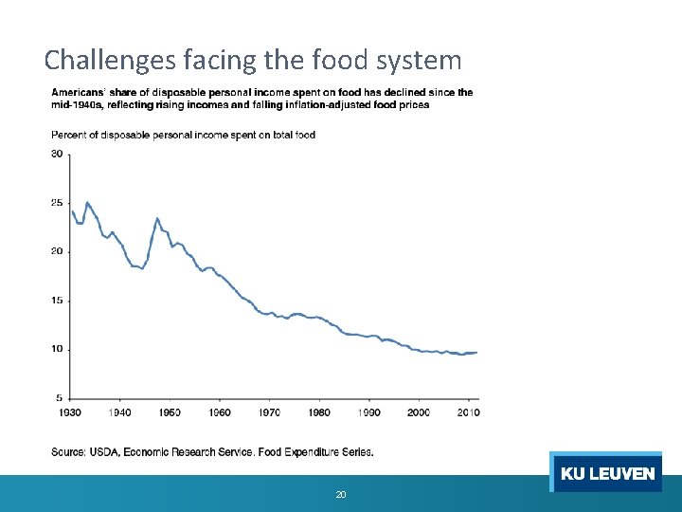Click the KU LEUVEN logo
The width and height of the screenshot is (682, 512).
[x=607, y=473]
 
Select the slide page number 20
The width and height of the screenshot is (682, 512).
[x=341, y=494]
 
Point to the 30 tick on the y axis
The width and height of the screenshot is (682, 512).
[x=57, y=154]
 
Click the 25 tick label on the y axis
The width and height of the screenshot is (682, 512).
[x=57, y=203]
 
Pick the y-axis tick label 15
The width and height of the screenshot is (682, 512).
[x=57, y=301]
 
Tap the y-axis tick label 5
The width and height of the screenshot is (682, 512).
[x=60, y=398]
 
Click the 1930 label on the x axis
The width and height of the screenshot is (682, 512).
[x=69, y=412]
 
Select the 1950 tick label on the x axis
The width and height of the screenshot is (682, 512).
[x=170, y=412]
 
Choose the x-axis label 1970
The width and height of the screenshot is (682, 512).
[x=269, y=412]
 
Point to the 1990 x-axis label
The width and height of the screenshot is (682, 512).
[x=369, y=412]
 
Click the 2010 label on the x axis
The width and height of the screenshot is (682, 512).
[x=469, y=412]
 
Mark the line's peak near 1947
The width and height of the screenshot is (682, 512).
[x=157, y=219]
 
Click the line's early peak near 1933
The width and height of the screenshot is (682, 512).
[x=87, y=202]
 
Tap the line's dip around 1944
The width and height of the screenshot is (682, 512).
[x=142, y=269]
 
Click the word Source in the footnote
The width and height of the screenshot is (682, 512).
[x=68, y=451]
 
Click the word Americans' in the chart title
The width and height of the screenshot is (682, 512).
[x=79, y=92]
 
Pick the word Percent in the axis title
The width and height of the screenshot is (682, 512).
[x=67, y=135]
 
